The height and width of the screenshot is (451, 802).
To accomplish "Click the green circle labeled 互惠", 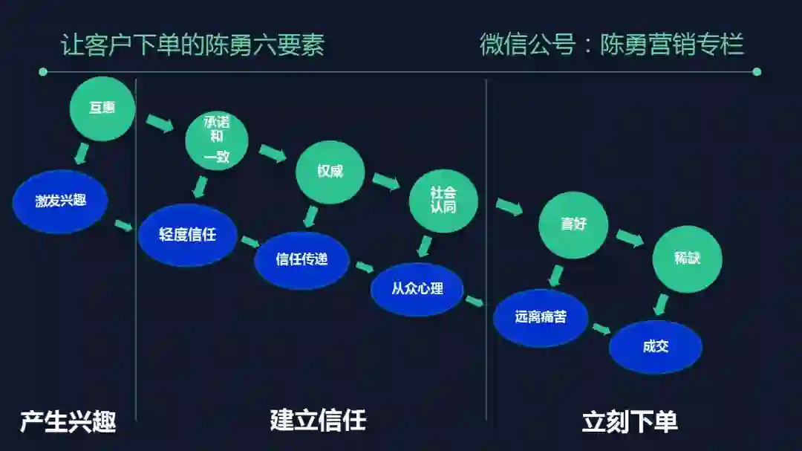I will pyautogui.click(x=102, y=108).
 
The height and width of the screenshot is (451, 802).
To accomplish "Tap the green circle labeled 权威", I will pyautogui.click(x=330, y=172).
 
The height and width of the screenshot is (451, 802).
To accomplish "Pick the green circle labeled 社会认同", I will pyautogui.click(x=443, y=201).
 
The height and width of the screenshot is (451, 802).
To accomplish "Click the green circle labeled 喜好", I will pyautogui.click(x=573, y=224).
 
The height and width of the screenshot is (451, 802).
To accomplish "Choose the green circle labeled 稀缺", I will pyautogui.click(x=687, y=259).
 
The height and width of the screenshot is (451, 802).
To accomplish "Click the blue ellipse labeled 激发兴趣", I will pyautogui.click(x=60, y=201).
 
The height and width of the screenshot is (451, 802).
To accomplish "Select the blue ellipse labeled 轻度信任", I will pyautogui.click(x=187, y=235).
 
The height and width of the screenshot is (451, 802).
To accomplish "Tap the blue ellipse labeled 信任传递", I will pyautogui.click(x=301, y=259).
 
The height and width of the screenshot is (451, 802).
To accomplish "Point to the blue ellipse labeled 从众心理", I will pyautogui.click(x=417, y=288).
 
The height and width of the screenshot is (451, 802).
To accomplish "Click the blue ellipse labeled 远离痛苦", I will pyautogui.click(x=541, y=317).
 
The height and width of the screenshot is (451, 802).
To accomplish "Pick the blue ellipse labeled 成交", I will pyautogui.click(x=656, y=346).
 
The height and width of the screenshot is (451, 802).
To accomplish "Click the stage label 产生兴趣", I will pyautogui.click(x=68, y=422).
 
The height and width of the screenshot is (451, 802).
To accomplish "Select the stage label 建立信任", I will pyautogui.click(x=318, y=421).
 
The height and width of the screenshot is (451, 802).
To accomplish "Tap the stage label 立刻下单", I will pyautogui.click(x=630, y=422).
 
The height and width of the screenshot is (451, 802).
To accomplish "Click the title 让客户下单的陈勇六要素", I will pyautogui.click(x=192, y=45).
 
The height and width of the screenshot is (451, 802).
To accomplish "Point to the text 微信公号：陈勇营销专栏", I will pyautogui.click(x=611, y=45).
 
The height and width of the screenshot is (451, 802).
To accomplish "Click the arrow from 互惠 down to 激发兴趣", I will pyautogui.click(x=82, y=154).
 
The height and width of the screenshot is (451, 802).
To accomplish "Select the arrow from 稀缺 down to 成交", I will pyautogui.click(x=660, y=304).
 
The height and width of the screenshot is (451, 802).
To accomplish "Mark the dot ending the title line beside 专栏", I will pyautogui.click(x=756, y=72).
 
